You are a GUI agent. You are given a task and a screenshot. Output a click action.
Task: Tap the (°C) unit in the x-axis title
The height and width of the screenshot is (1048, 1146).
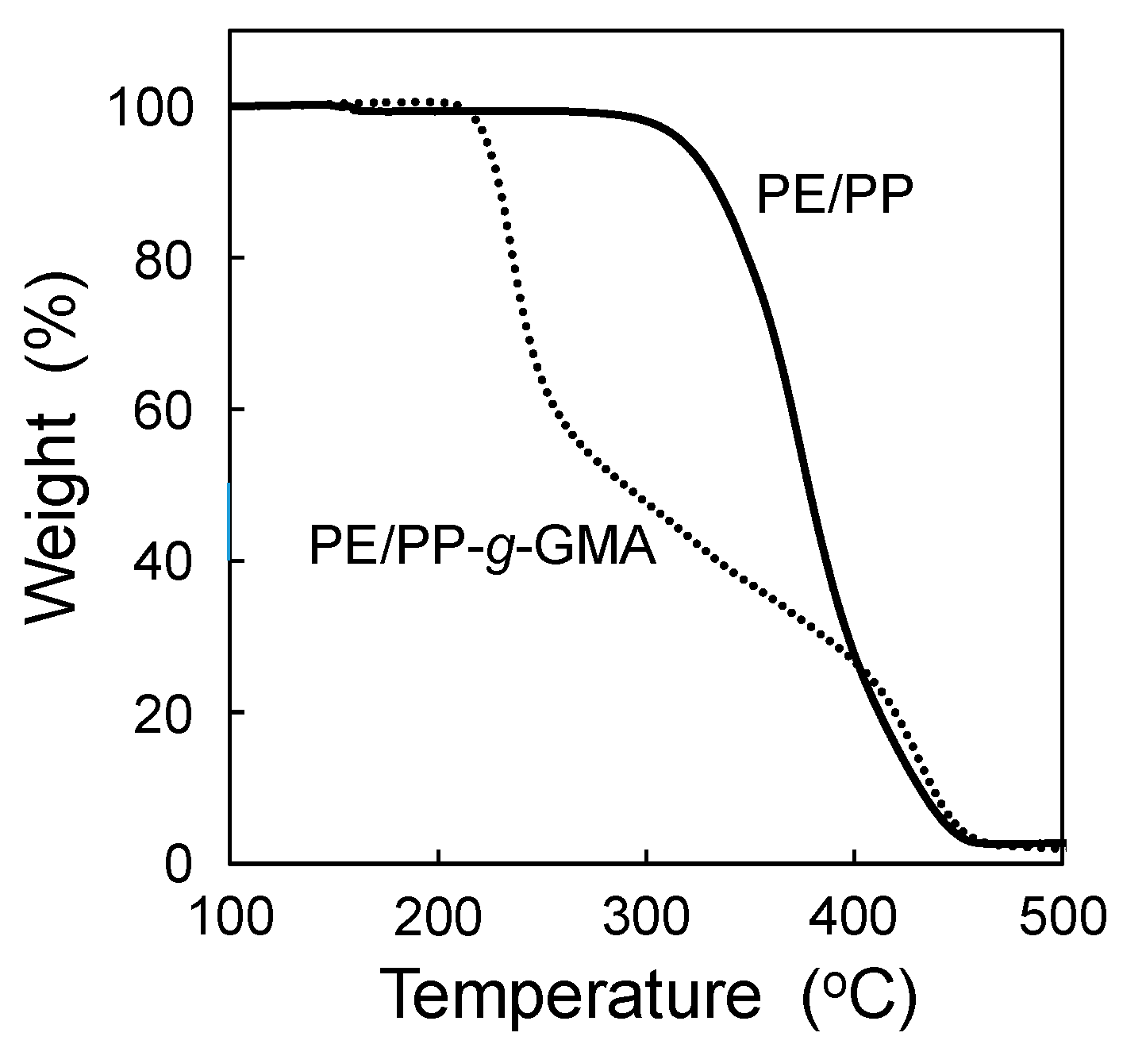pyautogui.click(x=859, y=996)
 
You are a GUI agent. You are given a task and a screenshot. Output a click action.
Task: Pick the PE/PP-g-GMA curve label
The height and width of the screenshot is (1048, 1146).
pyautogui.click(x=482, y=548)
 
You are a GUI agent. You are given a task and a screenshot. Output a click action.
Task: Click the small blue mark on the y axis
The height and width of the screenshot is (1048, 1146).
pyautogui.click(x=229, y=520)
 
